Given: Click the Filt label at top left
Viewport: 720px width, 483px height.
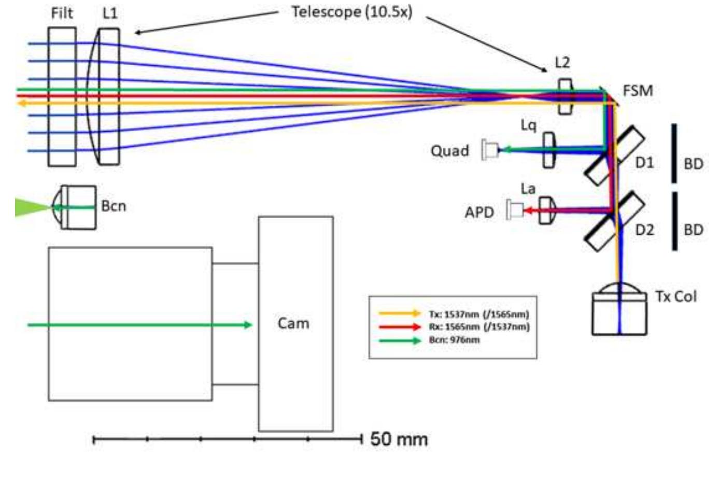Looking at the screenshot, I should click(x=62, y=12).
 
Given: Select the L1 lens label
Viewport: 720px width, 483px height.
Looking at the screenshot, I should click(x=110, y=12).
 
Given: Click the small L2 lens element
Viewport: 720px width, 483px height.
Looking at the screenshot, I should click(x=566, y=96).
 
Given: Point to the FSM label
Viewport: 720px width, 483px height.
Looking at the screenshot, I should click(x=638, y=91).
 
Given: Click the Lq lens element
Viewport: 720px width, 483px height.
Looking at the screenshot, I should click(x=549, y=150).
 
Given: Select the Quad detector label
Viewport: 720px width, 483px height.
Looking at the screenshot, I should click(x=449, y=151).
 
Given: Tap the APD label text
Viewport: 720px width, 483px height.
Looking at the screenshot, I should click(x=479, y=212).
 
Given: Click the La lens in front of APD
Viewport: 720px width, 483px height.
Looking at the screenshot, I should click(x=546, y=210).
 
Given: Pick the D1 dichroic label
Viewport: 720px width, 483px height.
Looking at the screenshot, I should click(x=644, y=162).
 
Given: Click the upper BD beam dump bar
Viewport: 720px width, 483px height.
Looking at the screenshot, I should click(x=674, y=153).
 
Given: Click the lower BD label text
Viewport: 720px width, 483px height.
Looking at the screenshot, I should click(x=694, y=229).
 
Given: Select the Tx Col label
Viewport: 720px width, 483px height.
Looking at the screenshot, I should click(x=675, y=296).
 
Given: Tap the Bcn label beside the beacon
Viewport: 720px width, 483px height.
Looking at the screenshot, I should click(x=114, y=206).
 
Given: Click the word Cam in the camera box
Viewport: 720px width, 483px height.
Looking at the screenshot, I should click(x=293, y=323).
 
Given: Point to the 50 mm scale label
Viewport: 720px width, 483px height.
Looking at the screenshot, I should click(x=399, y=439).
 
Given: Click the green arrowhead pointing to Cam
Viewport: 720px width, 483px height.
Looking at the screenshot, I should click(x=248, y=325).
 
